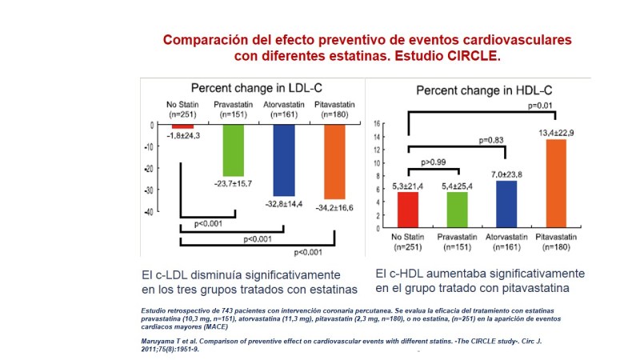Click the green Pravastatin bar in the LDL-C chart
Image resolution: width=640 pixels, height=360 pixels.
[x=234, y=151]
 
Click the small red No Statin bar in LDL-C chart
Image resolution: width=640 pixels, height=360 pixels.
[x=183, y=126]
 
